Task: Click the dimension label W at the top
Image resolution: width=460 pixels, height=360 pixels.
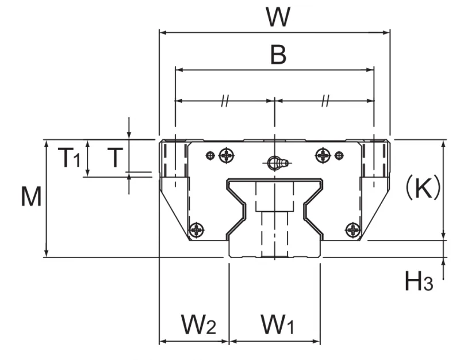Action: point(278,17)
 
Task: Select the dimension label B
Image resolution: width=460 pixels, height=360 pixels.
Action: point(278,55)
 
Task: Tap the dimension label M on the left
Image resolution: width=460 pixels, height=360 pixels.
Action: point(31,196)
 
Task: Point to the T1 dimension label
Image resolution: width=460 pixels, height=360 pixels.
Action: point(69,158)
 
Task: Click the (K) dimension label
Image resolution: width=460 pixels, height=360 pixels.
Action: point(423,187)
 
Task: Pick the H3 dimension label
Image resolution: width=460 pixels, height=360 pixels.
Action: point(419,281)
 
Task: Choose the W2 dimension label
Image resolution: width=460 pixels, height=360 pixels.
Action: point(198,324)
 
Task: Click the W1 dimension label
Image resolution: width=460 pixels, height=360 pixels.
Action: point(277,324)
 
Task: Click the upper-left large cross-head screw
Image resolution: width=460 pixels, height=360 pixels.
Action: point(227,155)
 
